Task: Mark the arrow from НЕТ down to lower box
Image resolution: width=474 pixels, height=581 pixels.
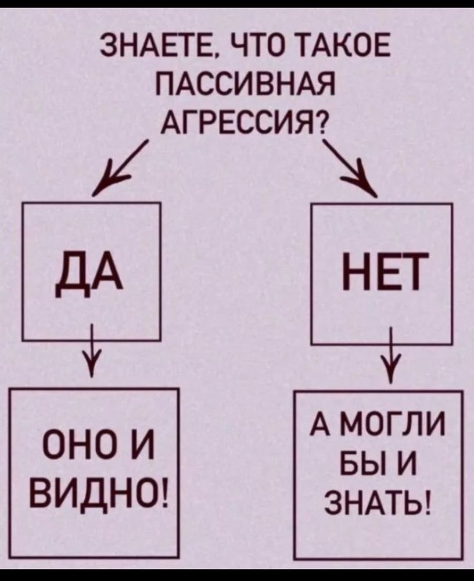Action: coord(391,354)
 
